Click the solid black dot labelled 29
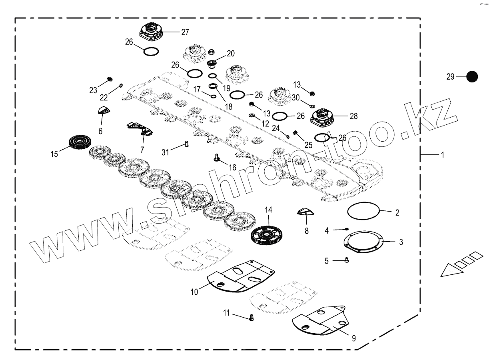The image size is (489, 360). pyautogui.click(x=472, y=76)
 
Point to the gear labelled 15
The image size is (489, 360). pyautogui.click(x=81, y=143)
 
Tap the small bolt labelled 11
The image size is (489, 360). pyautogui.click(x=251, y=318)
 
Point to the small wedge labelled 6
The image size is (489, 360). pyautogui.click(x=104, y=111)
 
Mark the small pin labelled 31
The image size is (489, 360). pyautogui.click(x=186, y=144)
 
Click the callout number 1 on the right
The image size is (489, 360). pyautogui.click(x=443, y=155)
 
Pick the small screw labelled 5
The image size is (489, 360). pyautogui.click(x=347, y=260)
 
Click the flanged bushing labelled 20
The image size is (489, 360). pyautogui.click(x=212, y=64)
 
